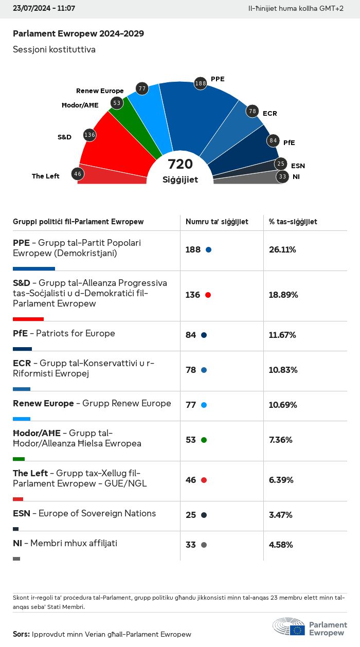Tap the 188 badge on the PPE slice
(x=201, y=83)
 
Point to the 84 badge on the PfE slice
(x=273, y=140)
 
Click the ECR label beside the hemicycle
(x=269, y=113)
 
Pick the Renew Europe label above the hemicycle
(x=100, y=91)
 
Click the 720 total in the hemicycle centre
(x=181, y=164)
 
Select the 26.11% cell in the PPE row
(x=282, y=250)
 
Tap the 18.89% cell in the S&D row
(x=283, y=295)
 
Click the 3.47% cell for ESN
(x=281, y=515)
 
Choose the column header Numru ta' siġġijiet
(x=217, y=222)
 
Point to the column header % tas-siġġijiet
(x=293, y=222)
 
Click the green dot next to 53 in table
(x=204, y=440)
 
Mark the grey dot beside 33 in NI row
(x=204, y=545)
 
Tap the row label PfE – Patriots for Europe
(x=64, y=333)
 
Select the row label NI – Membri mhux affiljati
(x=65, y=543)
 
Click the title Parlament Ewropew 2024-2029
(x=78, y=34)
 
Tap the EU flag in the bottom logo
(x=297, y=630)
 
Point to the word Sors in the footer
(x=21, y=634)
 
